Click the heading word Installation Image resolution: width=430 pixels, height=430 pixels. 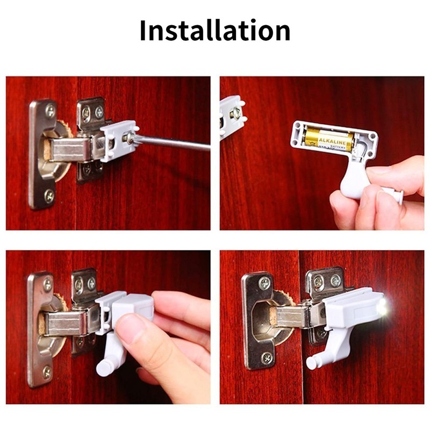pos(215,31)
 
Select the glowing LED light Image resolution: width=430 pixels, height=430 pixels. pos(383,308)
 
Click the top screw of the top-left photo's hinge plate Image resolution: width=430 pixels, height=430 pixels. pos(49,111)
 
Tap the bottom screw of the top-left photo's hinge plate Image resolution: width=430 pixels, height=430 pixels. pos(49,196)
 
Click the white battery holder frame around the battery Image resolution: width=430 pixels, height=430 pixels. pos(333,127)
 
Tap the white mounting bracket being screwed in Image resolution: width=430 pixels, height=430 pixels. pos(118,139)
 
